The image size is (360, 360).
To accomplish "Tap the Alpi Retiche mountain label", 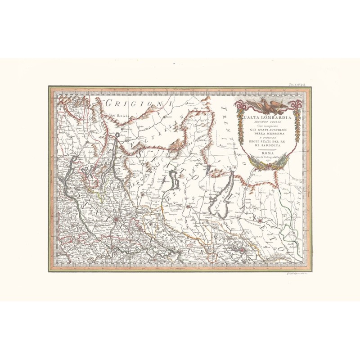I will pos(117,116).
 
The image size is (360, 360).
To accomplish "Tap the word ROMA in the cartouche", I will pos(267,153).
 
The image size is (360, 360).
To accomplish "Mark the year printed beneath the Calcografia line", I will pos(267,161).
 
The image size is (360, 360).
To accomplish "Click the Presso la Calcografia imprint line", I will pos(267,157).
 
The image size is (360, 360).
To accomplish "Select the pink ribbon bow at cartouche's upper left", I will pos(239,106).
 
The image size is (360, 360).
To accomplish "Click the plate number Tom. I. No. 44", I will pos(297,84).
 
